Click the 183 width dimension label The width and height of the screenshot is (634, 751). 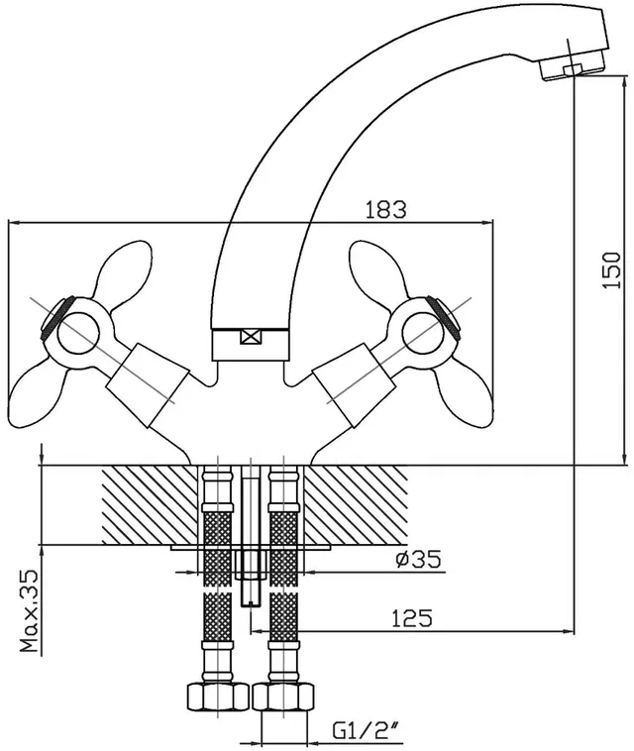385,210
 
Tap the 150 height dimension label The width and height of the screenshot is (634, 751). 612,269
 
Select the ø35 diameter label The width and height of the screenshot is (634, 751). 418,559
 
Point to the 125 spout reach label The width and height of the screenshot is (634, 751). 412,618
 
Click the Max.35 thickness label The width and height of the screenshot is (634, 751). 30,611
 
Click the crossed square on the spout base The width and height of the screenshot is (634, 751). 252,337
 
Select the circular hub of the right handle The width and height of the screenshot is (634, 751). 423,332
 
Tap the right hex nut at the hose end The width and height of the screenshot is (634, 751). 284,697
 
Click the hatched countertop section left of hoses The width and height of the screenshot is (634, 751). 150,505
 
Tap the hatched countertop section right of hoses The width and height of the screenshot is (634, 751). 356,505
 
